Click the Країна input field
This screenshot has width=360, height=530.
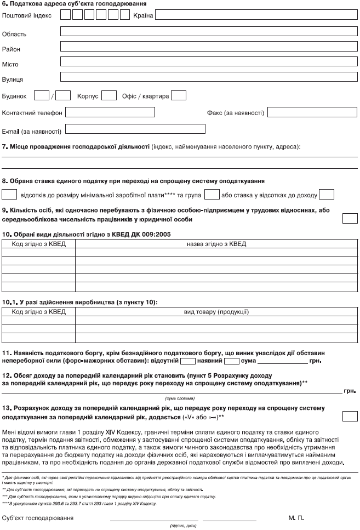[x=256, y=14]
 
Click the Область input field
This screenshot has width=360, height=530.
[x=208, y=31]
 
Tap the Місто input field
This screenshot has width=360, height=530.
[x=208, y=62]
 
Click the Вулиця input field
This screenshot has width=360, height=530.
[x=208, y=77]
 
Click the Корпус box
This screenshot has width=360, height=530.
[x=109, y=95]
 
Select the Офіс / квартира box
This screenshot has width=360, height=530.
[x=179, y=95]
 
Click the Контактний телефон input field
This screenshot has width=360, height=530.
[x=110, y=112]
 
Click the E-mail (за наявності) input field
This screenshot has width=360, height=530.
[x=135, y=129]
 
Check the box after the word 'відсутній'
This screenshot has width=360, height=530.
[x=188, y=361]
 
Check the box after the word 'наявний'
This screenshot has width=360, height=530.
[x=232, y=361]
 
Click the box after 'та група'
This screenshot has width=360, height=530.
[x=212, y=194]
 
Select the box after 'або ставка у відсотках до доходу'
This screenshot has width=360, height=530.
[x=327, y=194]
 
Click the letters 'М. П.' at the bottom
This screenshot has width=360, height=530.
[x=296, y=517]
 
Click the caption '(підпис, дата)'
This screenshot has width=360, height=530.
[x=183, y=525]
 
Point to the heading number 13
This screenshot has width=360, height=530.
[x=5, y=408]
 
